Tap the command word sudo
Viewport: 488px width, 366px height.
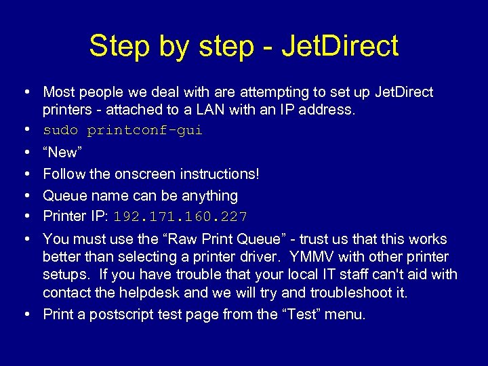(62, 130)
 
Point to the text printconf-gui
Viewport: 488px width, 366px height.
(144, 130)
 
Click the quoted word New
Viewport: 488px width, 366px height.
(60, 152)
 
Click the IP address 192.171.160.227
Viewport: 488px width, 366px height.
(180, 218)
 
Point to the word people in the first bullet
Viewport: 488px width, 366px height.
(102, 91)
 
